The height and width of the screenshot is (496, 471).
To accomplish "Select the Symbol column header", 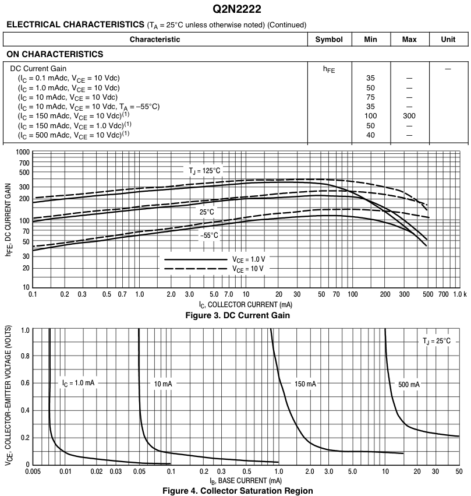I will [x=330, y=40].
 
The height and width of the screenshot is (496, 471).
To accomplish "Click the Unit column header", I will [x=448, y=40].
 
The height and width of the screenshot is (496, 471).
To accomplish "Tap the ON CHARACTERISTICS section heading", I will [x=55, y=54].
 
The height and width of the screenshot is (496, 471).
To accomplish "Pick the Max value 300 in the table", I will [x=409, y=116].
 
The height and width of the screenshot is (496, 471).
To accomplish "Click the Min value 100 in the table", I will [x=370, y=116].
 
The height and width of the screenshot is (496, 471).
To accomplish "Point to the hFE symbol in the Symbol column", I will [x=330, y=69].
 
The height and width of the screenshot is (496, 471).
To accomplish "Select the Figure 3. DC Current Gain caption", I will [x=235, y=316].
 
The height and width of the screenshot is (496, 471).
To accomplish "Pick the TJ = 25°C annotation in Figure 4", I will [x=436, y=340].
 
